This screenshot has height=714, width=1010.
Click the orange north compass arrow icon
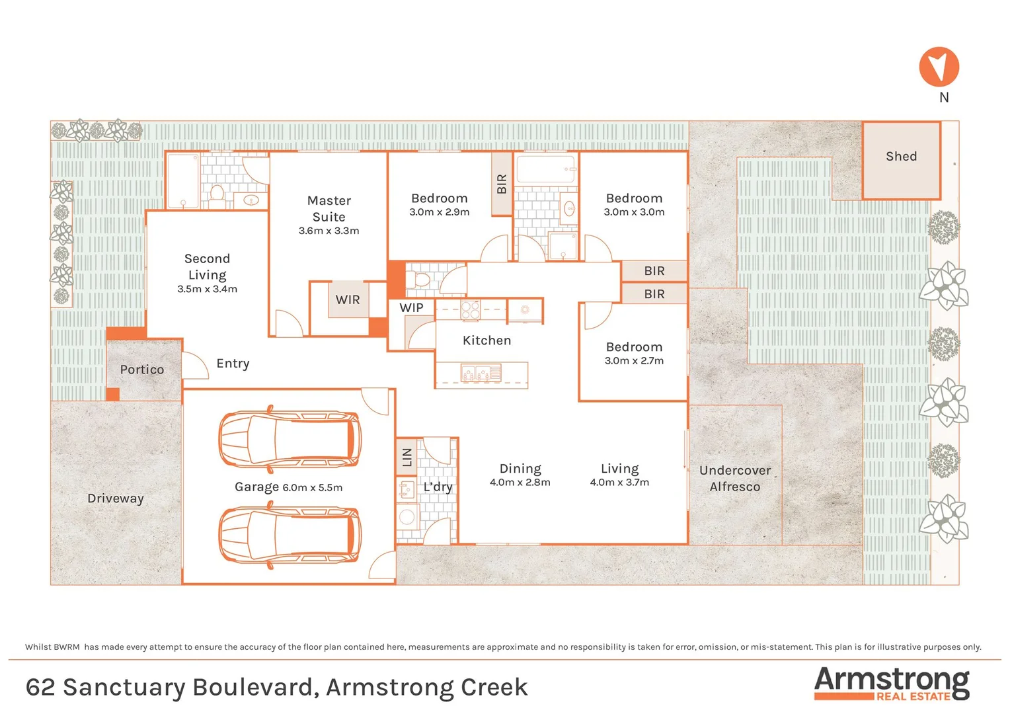point(939,67)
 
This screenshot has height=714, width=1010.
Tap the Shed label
point(901,157)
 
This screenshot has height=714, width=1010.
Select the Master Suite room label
point(329,208)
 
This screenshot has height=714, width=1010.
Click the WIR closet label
point(348,300)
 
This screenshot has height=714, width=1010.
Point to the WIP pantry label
point(411,308)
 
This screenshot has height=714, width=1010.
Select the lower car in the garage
point(290,534)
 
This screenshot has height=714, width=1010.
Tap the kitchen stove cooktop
point(471,310)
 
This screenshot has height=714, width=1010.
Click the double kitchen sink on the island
point(481,374)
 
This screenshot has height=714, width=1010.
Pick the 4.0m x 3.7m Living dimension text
point(619,483)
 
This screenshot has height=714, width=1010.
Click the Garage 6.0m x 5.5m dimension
point(312,488)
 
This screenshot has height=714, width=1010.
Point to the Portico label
point(142,370)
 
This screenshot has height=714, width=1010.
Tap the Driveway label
point(116,498)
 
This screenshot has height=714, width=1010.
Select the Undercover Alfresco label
point(735,479)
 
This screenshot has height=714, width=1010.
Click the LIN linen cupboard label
point(407,457)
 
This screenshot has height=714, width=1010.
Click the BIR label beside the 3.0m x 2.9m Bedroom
point(502,184)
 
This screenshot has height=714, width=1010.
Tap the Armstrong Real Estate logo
point(892,684)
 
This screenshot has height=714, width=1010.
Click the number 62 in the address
point(40,688)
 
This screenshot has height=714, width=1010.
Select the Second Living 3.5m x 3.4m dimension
point(207,289)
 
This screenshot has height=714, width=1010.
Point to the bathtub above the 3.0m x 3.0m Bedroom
point(545,169)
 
